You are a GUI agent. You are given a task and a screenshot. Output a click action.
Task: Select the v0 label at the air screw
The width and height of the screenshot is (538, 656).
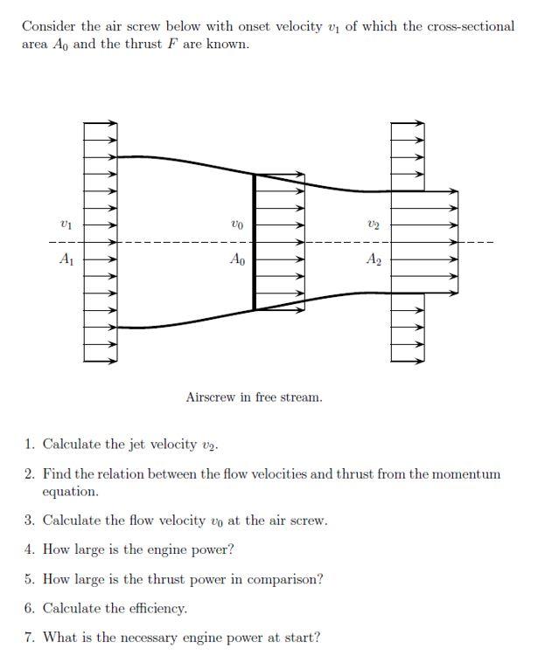click(x=236, y=226)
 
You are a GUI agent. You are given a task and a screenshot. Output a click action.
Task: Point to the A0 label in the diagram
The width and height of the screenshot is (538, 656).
click(x=236, y=259)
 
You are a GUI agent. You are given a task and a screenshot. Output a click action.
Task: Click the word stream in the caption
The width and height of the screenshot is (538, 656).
click(x=302, y=397)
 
